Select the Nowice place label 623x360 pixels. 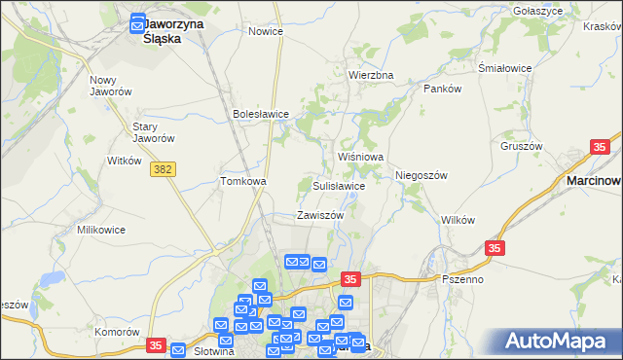(x=266, y=31)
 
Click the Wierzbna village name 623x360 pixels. (x=371, y=75)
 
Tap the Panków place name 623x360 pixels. (x=441, y=88)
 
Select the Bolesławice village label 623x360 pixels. (x=261, y=114)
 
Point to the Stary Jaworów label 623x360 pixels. (x=153, y=132)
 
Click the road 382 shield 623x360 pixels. (x=163, y=169)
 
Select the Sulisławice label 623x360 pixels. (x=339, y=185)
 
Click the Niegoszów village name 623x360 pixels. (x=421, y=175)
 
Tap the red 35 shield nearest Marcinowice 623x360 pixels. (x=600, y=147)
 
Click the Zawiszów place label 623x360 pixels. (x=320, y=215)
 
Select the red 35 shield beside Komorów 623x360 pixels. (x=156, y=345)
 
